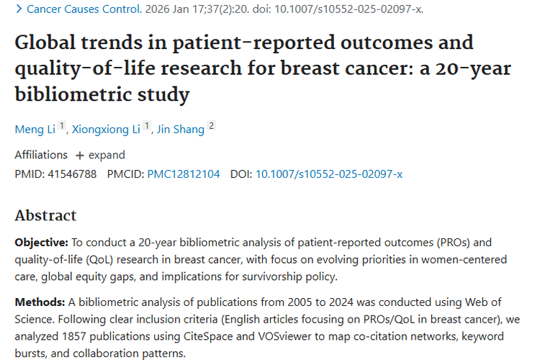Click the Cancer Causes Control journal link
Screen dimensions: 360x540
click(84, 9)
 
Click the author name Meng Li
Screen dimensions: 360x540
click(35, 130)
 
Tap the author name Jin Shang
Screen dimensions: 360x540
click(180, 130)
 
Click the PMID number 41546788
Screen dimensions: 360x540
click(71, 174)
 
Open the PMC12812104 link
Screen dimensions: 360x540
click(184, 174)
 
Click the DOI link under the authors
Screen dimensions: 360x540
click(329, 174)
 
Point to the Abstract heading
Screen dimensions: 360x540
click(45, 215)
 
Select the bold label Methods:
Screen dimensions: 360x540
click(40, 301)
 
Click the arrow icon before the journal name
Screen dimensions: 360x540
click(19, 9)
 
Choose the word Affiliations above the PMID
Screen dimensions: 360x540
click(41, 155)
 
